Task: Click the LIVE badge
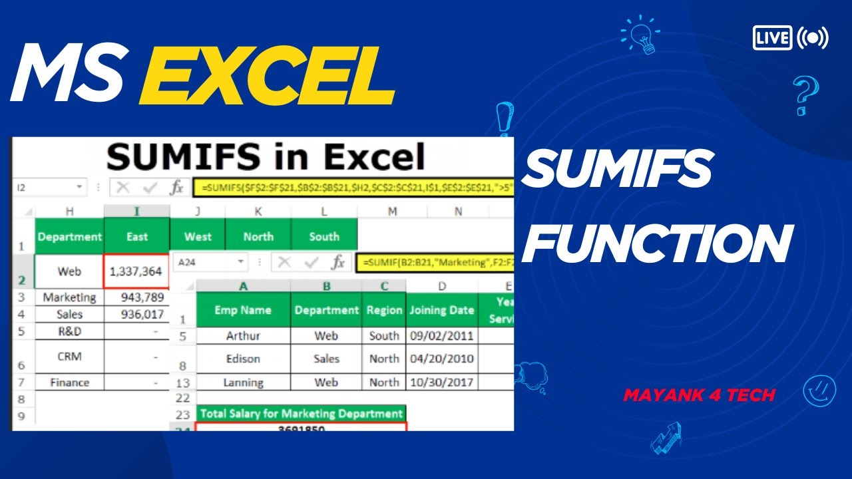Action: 773,37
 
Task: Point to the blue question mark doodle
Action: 805,95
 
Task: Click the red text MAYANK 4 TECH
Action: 699,395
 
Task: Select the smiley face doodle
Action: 819,391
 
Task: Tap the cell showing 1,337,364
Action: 136,271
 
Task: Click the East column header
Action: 136,236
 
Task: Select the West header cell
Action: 198,236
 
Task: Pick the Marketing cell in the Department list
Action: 69,297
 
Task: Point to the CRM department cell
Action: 69,357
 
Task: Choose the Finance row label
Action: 69,383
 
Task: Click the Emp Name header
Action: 243,310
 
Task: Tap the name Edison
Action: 243,359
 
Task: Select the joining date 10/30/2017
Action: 441,383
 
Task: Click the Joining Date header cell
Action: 441,310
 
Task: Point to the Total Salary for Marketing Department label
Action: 302,413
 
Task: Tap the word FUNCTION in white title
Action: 658,244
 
